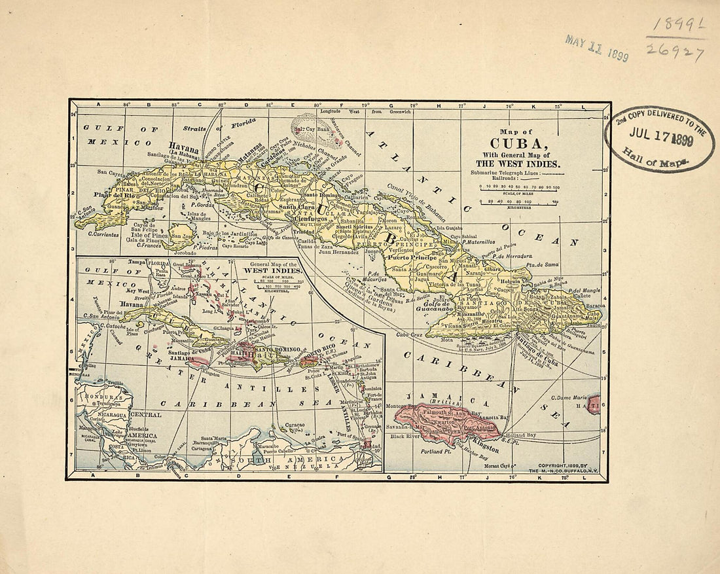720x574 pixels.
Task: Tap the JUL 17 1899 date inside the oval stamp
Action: [661, 130]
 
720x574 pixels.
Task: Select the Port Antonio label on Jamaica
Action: [485, 428]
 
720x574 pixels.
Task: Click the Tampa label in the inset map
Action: [135, 261]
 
